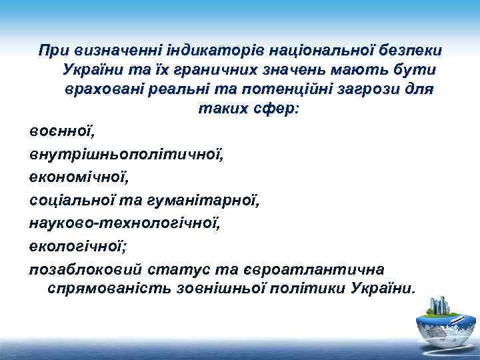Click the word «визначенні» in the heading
(x=109, y=51)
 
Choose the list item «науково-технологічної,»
(x=124, y=221)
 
